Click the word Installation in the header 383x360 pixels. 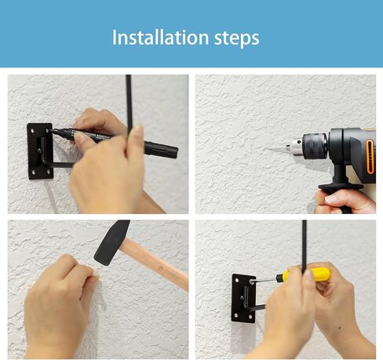pos(160,38)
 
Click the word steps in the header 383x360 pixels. pos(237,38)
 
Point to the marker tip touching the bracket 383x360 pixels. pos(51,130)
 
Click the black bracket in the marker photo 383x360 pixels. pos(40,151)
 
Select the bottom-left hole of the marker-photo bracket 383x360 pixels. pos(33,172)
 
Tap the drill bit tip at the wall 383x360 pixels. pos(269,149)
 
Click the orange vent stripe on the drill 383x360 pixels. pos(370,156)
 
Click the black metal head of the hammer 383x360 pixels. pos(111,242)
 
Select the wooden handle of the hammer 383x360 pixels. pos(154,264)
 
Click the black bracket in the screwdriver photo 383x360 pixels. pos(244,298)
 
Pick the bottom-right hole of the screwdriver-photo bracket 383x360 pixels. pos(250,317)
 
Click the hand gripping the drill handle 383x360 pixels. pos(345,202)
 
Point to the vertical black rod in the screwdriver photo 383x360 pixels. pos(305,245)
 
